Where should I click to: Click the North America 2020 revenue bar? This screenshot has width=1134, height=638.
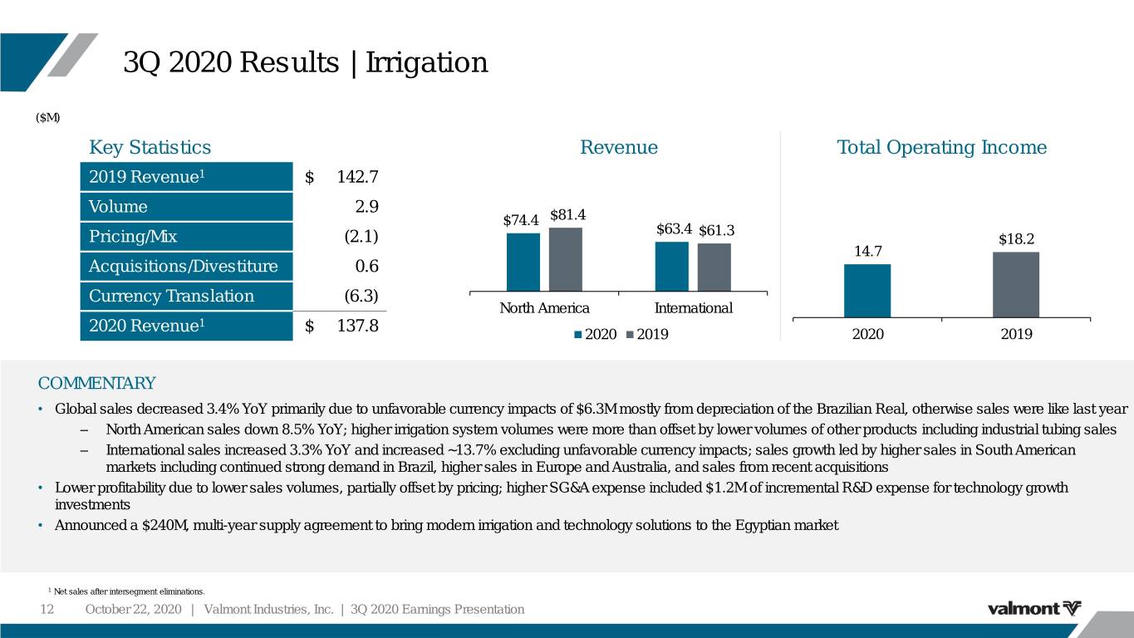pyautogui.click(x=523, y=263)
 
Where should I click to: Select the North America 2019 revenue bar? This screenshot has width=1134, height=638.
pyautogui.click(x=566, y=259)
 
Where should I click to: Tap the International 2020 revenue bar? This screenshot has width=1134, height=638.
pyautogui.click(x=672, y=267)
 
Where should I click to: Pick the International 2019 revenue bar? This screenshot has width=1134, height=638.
pyautogui.click(x=714, y=267)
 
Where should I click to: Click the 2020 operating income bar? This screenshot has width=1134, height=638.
pyautogui.click(x=867, y=291)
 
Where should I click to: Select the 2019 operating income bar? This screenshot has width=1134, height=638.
pyautogui.click(x=1016, y=285)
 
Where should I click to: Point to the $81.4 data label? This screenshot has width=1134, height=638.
pyautogui.click(x=568, y=215)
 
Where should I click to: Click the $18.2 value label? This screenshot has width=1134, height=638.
pyautogui.click(x=1017, y=239)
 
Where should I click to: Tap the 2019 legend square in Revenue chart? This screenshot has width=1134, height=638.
pyautogui.click(x=631, y=335)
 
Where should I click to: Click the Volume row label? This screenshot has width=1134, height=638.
pyautogui.click(x=118, y=207)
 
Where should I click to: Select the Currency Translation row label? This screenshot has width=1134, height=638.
pyautogui.click(x=172, y=296)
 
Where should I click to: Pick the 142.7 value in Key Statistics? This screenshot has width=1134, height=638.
pyautogui.click(x=358, y=177)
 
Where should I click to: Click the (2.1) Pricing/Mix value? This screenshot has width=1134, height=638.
pyautogui.click(x=361, y=237)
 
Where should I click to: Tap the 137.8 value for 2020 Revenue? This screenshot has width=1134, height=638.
pyautogui.click(x=358, y=326)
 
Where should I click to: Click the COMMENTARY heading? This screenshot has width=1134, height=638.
pyautogui.click(x=96, y=383)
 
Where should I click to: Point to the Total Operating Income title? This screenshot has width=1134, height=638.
pyautogui.click(x=941, y=147)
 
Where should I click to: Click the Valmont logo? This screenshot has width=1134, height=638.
pyautogui.click(x=1034, y=608)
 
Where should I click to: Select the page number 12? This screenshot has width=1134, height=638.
pyautogui.click(x=47, y=609)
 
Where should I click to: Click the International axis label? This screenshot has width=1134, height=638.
pyautogui.click(x=694, y=308)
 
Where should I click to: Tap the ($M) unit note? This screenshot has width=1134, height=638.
pyautogui.click(x=47, y=117)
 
